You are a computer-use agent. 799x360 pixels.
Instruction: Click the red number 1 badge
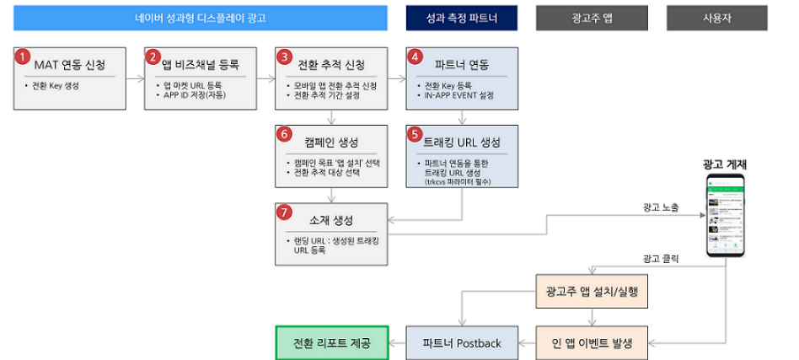pos(23,56)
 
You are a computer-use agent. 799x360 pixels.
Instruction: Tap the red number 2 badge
pos(153,56)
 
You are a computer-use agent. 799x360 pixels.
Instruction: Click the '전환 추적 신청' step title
pos(331,65)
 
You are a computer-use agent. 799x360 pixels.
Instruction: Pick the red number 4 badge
pos(414,56)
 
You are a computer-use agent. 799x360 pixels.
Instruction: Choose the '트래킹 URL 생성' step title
pos(462,141)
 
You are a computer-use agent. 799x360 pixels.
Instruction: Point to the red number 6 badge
pos(284,133)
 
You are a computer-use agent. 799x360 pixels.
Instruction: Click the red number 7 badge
pos(284,212)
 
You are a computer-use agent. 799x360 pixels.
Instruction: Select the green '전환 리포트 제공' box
pos(330,343)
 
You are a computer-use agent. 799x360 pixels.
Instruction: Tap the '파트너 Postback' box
pos(461,343)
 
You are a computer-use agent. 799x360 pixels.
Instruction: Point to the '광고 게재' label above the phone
pos(727,164)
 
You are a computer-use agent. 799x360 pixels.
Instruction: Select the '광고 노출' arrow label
pos(660,207)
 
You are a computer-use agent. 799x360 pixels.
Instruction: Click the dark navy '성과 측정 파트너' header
pos(461,18)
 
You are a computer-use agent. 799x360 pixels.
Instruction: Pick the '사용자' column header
pos(716,18)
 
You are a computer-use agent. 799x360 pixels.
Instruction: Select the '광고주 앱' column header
pos(593,18)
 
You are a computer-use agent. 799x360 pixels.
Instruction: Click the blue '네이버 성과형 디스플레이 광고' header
pos(200,18)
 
